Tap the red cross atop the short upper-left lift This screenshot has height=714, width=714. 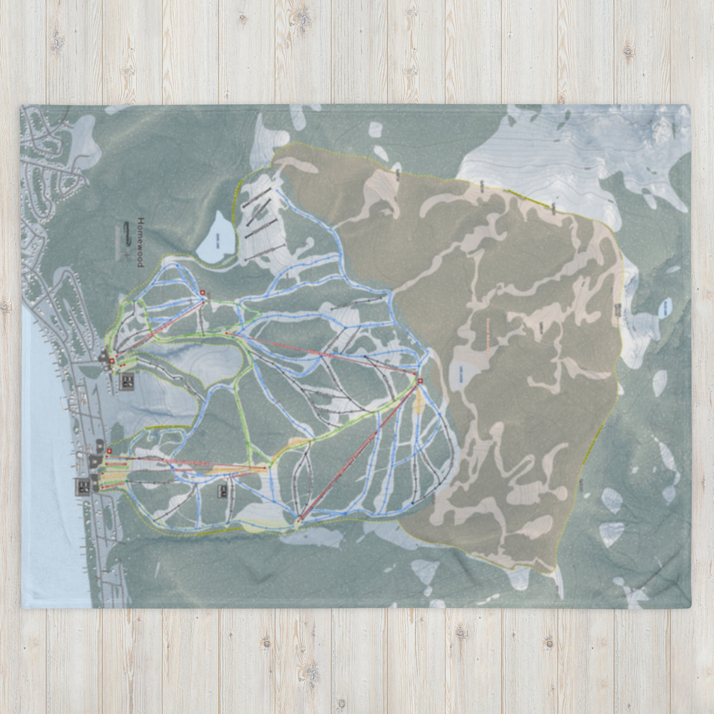pos(203,293)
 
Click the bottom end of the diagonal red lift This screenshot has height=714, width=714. pos(299,521)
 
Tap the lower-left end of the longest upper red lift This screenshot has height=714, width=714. pos(227,334)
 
